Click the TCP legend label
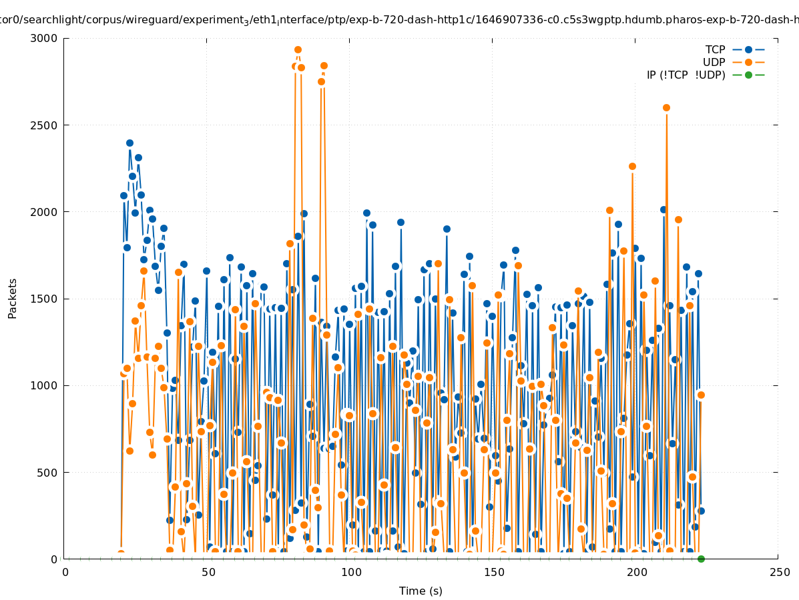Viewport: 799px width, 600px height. pyautogui.click(x=715, y=49)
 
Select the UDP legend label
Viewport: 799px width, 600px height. pyautogui.click(x=714, y=62)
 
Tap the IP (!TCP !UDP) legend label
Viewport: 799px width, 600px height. pyautogui.click(x=686, y=75)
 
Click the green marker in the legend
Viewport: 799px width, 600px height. pyautogui.click(x=748, y=75)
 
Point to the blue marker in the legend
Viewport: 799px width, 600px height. pyautogui.click(x=748, y=49)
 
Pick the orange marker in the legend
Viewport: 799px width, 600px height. pyautogui.click(x=748, y=62)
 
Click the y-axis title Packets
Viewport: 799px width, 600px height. pyautogui.click(x=13, y=298)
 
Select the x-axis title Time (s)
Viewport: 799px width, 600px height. pyautogui.click(x=421, y=591)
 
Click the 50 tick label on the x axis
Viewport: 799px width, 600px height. pyautogui.click(x=208, y=572)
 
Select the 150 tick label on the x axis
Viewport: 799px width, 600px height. pyautogui.click(x=493, y=572)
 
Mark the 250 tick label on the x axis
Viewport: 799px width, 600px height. pyautogui.click(x=779, y=572)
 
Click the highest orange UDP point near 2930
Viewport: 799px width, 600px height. pyautogui.click(x=298, y=50)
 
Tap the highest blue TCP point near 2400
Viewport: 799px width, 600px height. pyautogui.click(x=129, y=143)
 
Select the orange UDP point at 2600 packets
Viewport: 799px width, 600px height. pyautogui.click(x=666, y=107)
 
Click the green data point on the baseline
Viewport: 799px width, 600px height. pyautogui.click(x=701, y=559)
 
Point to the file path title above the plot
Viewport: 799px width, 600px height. pyautogui.click(x=399, y=20)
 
